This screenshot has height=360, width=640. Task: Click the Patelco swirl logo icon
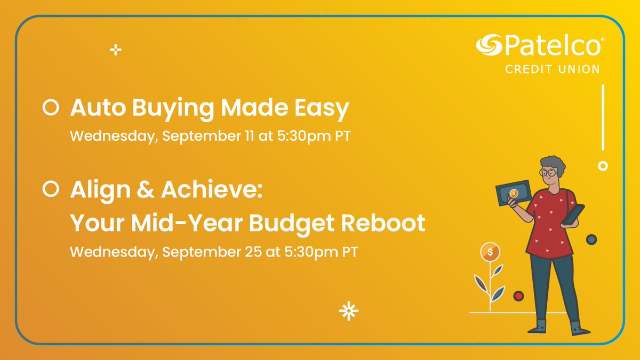[489, 45]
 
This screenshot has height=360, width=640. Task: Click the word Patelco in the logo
[552, 46]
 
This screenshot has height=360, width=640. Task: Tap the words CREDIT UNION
[552, 69]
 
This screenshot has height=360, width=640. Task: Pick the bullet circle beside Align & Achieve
[50, 189]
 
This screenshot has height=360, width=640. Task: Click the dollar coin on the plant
[490, 251]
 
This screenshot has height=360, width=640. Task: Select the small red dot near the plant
[518, 295]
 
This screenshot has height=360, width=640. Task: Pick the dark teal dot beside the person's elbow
[591, 239]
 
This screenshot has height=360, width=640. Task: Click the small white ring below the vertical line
[603, 166]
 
